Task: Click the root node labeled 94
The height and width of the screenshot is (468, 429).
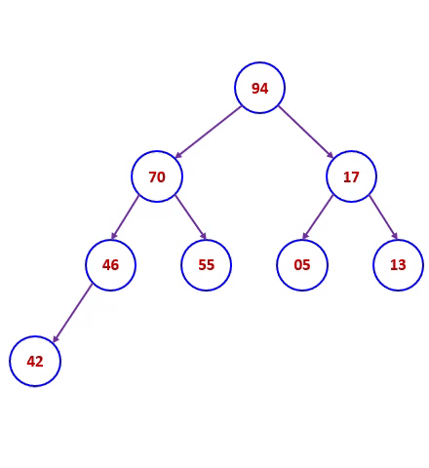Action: [259, 88]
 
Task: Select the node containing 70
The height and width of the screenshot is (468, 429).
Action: [157, 176]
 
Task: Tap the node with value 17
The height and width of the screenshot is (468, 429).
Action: [351, 176]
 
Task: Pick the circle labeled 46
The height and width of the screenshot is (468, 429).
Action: [110, 265]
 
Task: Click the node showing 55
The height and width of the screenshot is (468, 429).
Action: [206, 265]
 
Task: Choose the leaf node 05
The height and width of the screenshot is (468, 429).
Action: [302, 265]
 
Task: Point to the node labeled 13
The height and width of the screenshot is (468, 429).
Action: [398, 265]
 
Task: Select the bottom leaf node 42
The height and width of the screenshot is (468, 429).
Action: [35, 361]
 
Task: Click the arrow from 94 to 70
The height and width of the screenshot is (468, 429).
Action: [208, 132]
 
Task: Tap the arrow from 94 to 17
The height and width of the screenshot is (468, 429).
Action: [306, 132]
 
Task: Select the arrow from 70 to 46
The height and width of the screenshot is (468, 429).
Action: [125, 217]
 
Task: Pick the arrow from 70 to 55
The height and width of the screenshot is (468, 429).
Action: [191, 217]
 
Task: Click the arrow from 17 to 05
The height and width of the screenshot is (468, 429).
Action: [318, 217]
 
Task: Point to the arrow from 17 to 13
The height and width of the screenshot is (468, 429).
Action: [383, 217]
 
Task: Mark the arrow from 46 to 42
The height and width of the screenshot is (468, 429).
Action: [72, 313]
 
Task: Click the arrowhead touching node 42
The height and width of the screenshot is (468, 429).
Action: [56, 338]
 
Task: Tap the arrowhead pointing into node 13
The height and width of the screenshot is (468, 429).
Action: [395, 235]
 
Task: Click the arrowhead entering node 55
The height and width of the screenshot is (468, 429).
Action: [203, 235]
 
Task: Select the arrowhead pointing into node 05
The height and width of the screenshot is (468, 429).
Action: [305, 235]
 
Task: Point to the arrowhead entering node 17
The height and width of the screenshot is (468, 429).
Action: [331, 155]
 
